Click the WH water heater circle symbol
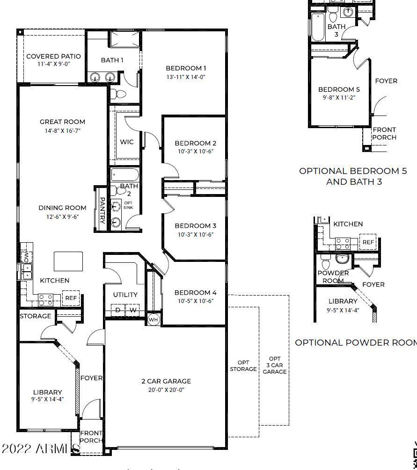pyautogui.click(x=154, y=320)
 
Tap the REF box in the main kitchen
pyautogui.click(x=71, y=298)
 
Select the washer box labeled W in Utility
pyautogui.click(x=133, y=310)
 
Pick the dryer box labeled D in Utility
pyautogui.click(x=118, y=310)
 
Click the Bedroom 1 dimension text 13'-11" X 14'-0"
pyautogui.click(x=186, y=77)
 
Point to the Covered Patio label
pyautogui.click(x=53, y=56)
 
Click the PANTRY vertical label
pyautogui.click(x=102, y=210)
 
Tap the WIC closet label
pyautogui.click(x=126, y=142)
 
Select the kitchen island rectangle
pyautogui.click(x=68, y=261)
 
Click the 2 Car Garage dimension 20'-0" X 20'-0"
pyautogui.click(x=166, y=390)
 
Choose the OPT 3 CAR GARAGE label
pyautogui.click(x=275, y=365)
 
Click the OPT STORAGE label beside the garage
pyautogui.click(x=243, y=366)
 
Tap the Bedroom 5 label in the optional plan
pyautogui.click(x=339, y=89)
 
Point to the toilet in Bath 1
pyautogui.click(x=118, y=94)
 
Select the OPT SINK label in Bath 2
pyautogui.click(x=128, y=205)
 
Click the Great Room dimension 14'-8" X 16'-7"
pyautogui.click(x=62, y=130)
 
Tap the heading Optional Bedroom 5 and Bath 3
pyautogui.click(x=353, y=176)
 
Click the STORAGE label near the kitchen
pyautogui.click(x=36, y=316)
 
